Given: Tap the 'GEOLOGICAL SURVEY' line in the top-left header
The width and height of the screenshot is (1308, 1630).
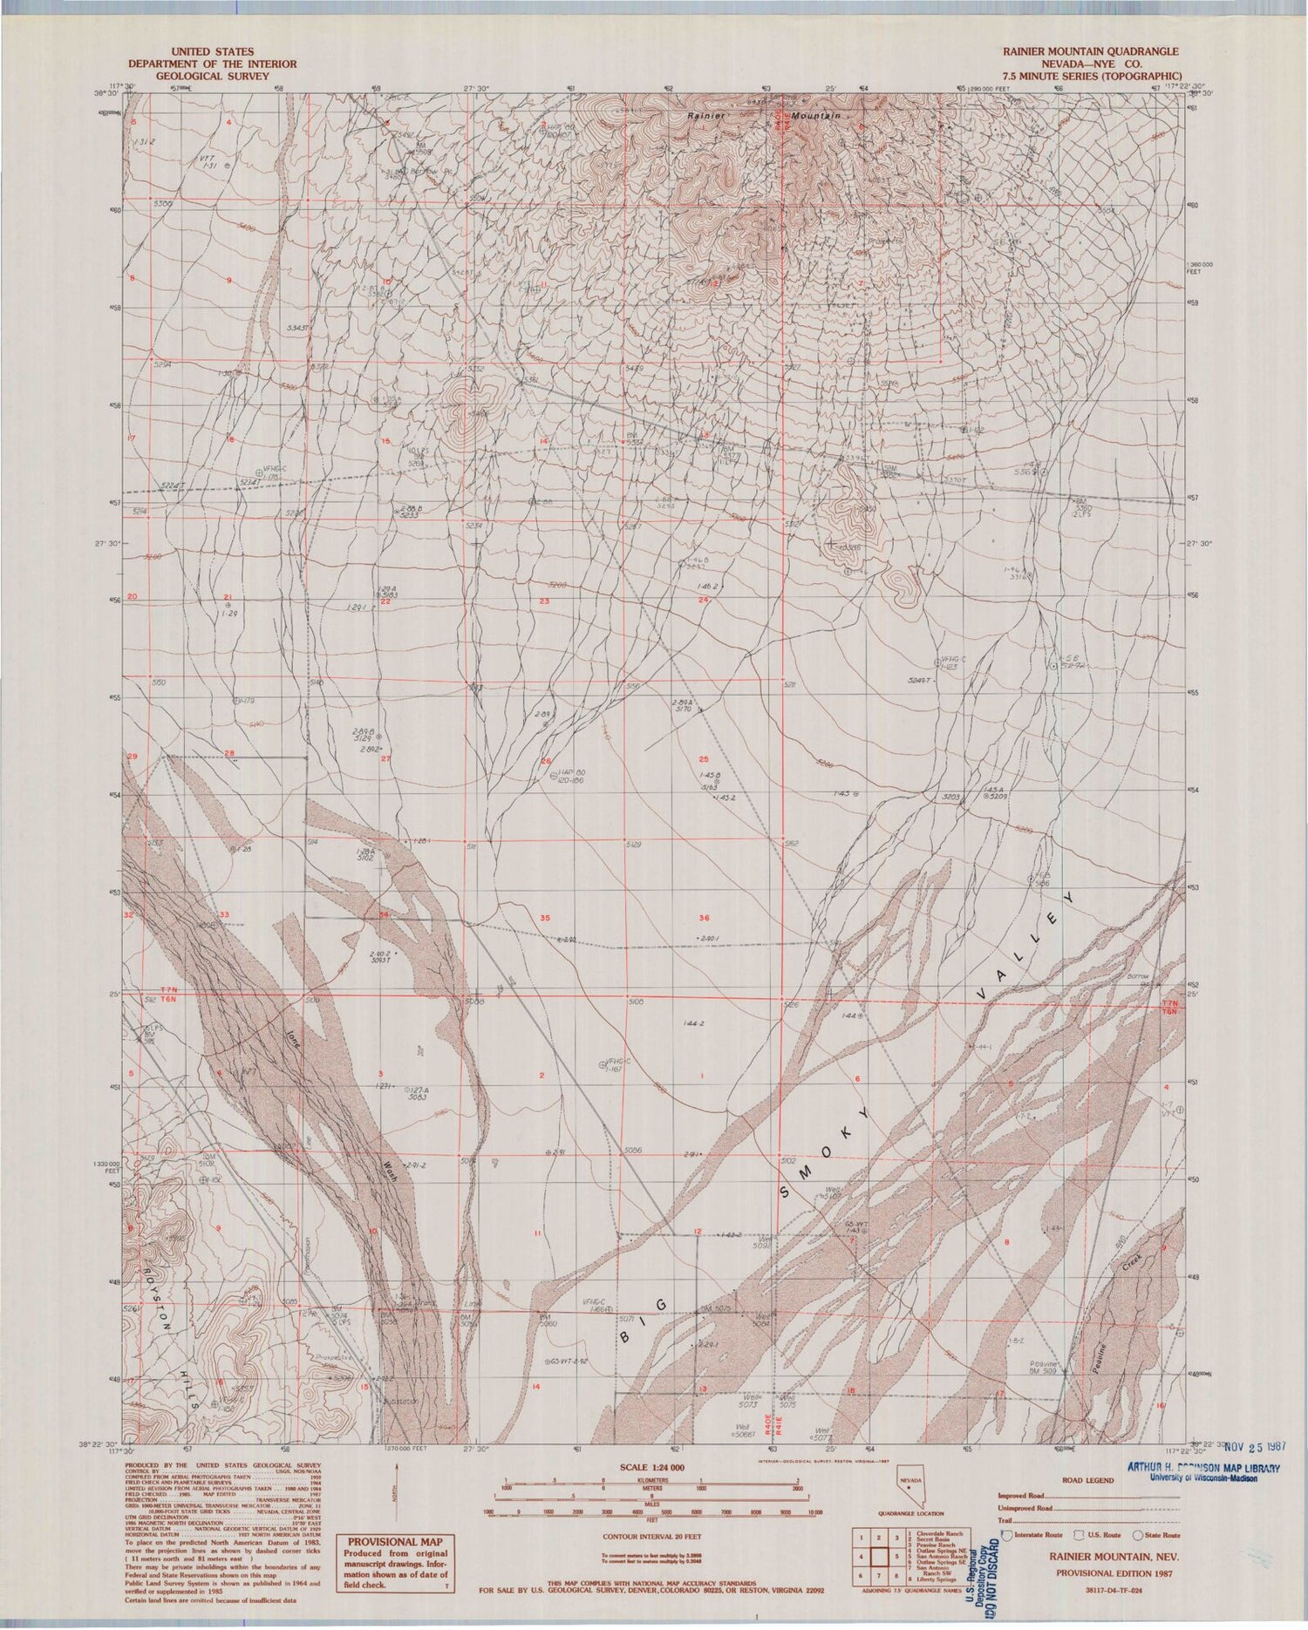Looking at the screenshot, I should point(212,75).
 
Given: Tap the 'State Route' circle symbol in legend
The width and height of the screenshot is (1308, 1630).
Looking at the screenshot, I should point(1138,1535).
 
